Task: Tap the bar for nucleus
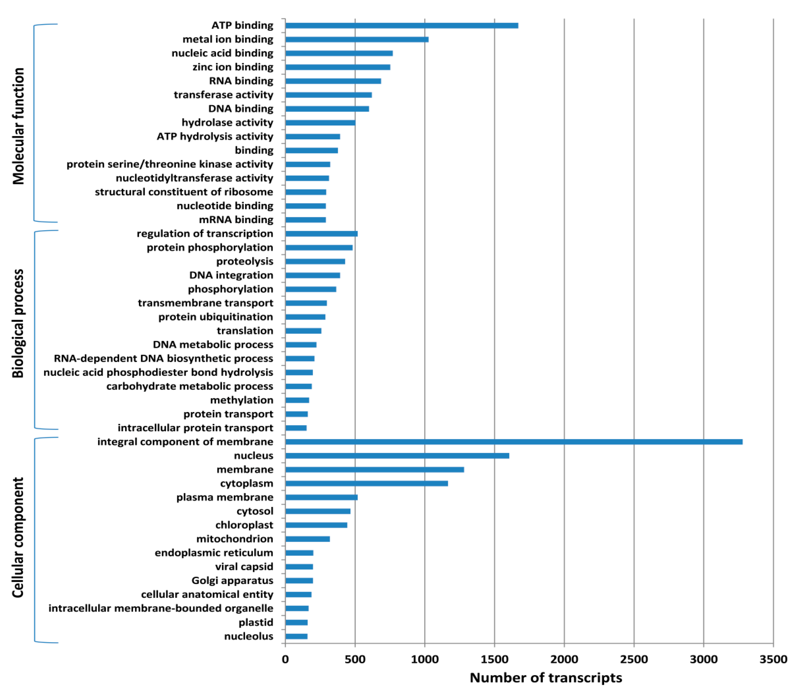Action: [397, 456]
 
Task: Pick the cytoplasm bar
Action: [366, 483]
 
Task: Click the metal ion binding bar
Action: [357, 39]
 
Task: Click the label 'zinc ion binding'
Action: [233, 67]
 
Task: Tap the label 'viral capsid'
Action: [244, 567]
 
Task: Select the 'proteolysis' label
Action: [245, 261]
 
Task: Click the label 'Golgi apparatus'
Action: [232, 581]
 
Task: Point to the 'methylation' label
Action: [241, 400]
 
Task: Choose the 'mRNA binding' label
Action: [236, 220]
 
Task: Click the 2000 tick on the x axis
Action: [564, 659]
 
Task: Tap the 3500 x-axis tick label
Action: [773, 659]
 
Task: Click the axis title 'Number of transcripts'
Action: [546, 678]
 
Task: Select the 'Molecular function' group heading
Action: [18, 126]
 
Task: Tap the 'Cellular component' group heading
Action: [18, 538]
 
